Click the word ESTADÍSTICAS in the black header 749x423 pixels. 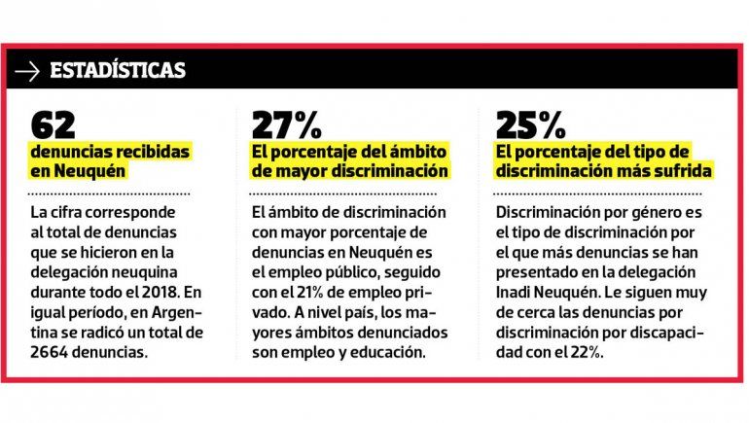point(117,71)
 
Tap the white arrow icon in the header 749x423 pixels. point(28,71)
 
